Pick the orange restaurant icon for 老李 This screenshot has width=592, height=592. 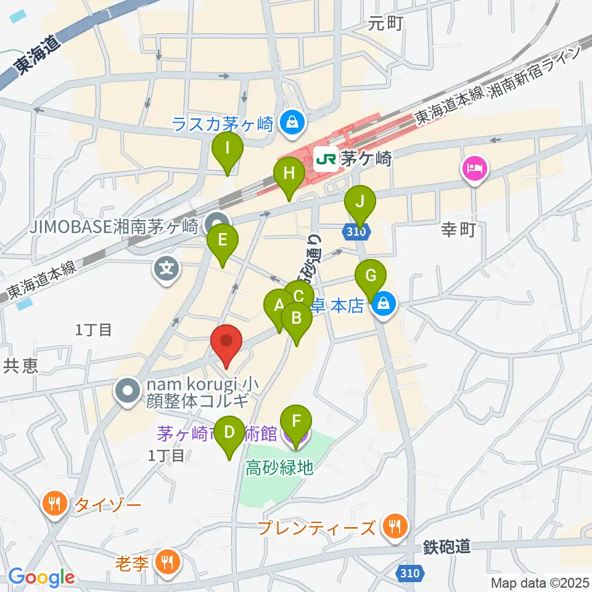click(x=166, y=561)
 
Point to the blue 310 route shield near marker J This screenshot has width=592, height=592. click(x=356, y=232)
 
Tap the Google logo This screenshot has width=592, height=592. click(x=42, y=577)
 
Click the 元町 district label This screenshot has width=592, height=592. click(x=385, y=23)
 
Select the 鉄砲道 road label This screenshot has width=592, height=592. click(x=447, y=546)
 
